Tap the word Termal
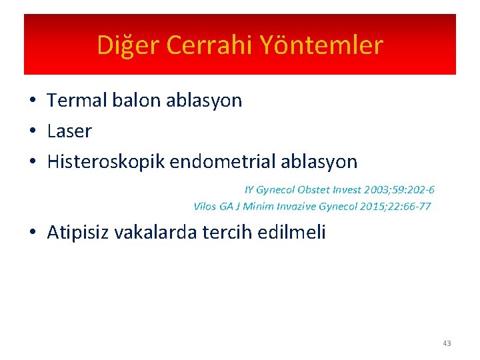point(77,101)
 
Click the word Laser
point(69,131)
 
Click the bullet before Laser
point(32,131)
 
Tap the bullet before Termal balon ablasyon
point(32,101)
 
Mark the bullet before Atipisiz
point(32,232)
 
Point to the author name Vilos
point(205,206)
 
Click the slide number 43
point(447,343)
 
